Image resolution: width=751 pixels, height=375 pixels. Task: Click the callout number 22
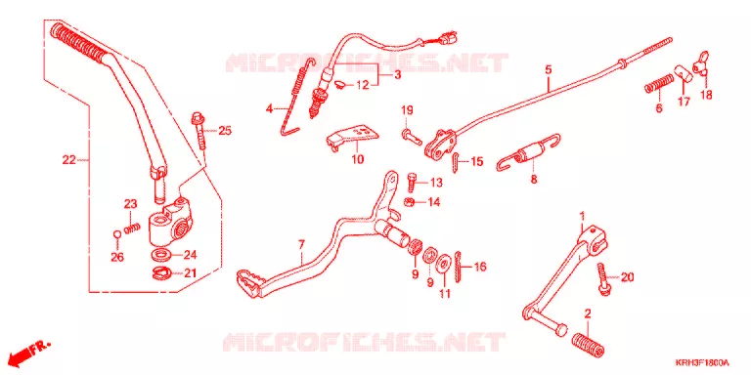[x=69, y=160]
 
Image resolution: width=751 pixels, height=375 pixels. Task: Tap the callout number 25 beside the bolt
[x=225, y=130]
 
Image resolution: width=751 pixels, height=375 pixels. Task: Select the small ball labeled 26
[x=116, y=234]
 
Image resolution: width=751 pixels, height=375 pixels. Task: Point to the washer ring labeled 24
[x=163, y=254]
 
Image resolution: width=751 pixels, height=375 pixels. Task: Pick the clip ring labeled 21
[x=162, y=273]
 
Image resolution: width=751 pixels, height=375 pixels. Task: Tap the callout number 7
[x=301, y=245]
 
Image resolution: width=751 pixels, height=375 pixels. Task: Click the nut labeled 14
[x=410, y=202]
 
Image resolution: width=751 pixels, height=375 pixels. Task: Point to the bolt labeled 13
[x=412, y=183]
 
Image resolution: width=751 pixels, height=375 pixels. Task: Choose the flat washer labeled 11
[x=445, y=264]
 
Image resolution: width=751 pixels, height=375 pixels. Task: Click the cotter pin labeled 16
[x=459, y=268]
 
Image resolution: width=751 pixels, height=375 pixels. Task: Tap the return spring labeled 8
[x=529, y=154]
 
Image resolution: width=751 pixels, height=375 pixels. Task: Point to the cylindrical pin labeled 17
[x=684, y=74]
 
